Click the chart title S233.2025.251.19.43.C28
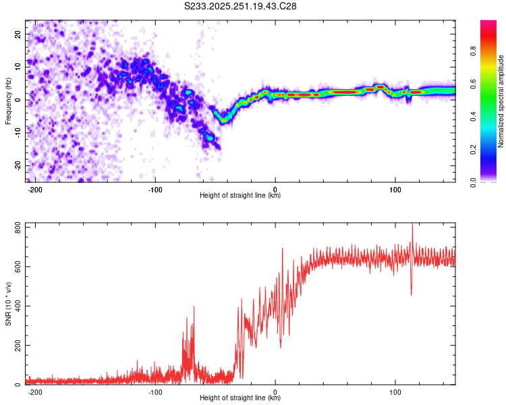click(x=241, y=6)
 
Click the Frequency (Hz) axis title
click(x=8, y=100)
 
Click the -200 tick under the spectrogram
click(x=35, y=188)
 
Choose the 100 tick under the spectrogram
click(x=395, y=188)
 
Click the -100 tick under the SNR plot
click(x=155, y=391)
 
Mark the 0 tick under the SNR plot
click(x=275, y=391)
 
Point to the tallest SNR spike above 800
click(x=412, y=225)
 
